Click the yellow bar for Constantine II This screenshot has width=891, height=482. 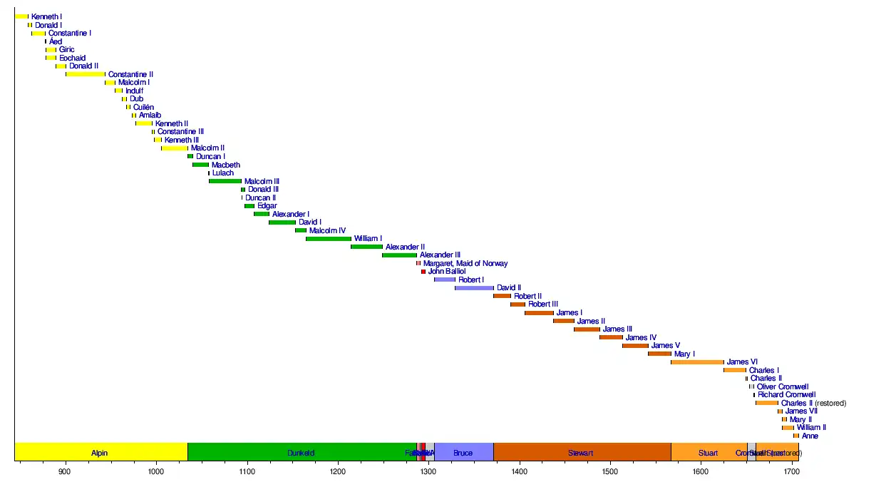[x=86, y=74]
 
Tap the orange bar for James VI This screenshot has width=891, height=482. [x=697, y=362]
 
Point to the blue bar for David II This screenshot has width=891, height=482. [x=474, y=288]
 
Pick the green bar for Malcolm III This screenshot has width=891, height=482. [x=225, y=181]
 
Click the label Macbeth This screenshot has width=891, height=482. [x=226, y=165]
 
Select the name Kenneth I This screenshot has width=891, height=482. [x=46, y=16]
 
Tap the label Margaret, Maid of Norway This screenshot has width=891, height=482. [x=465, y=264]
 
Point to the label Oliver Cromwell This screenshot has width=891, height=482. [x=783, y=387]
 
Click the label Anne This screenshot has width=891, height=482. [x=810, y=436]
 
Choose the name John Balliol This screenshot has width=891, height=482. [x=447, y=272]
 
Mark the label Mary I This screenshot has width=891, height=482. [x=684, y=354]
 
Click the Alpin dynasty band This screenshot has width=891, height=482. [x=101, y=452]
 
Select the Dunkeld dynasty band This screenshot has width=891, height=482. [x=301, y=452]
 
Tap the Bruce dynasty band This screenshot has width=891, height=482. [x=463, y=452]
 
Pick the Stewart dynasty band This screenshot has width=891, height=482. [x=581, y=452]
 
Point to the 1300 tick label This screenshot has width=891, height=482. [x=428, y=472]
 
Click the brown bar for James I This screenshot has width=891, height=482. [x=539, y=313]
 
